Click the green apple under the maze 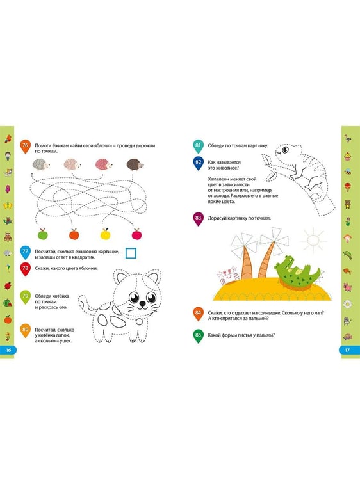coord(43,234)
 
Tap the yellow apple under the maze coord(105,234)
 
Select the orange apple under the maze coord(74,234)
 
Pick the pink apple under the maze coord(136,234)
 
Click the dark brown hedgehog coord(135,164)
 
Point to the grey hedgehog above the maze coord(41,164)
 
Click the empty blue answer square coord(131,253)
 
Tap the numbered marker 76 coord(25,147)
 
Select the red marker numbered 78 coord(25,269)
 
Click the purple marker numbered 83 coord(198,219)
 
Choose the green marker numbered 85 coord(198,336)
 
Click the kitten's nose coord(142,303)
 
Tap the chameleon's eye coord(285,150)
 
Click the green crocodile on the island coord(297,271)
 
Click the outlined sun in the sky coord(313,240)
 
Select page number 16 coord(8,350)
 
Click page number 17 coord(347,350)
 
